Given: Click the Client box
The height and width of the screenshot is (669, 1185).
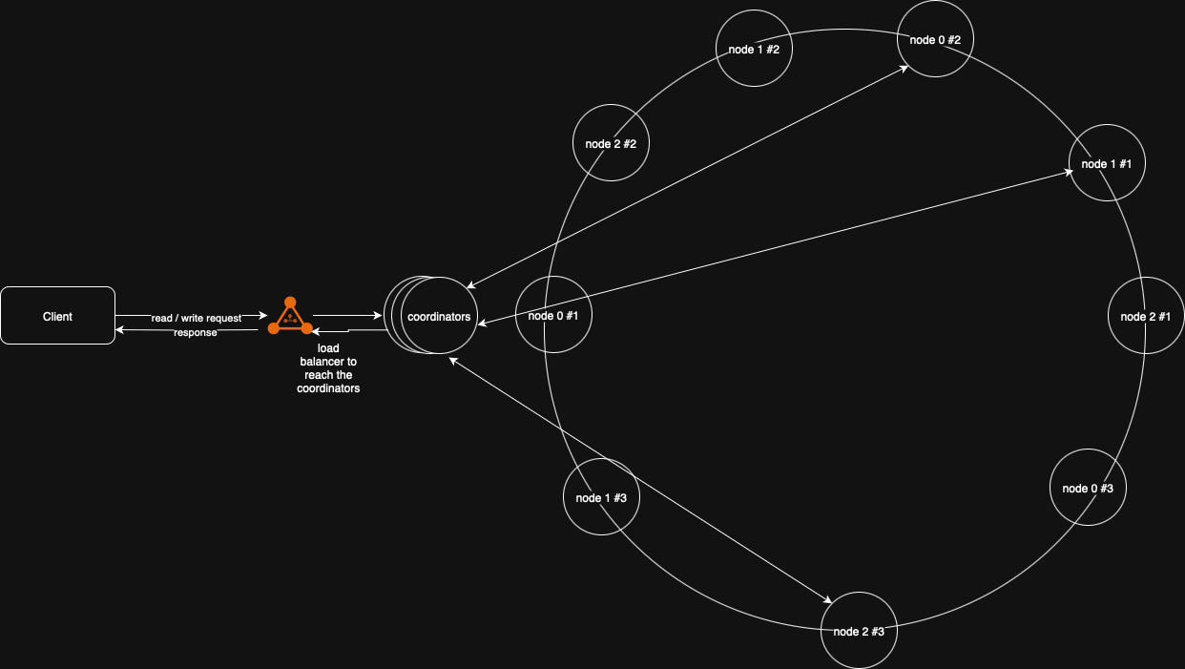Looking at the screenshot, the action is (x=57, y=315).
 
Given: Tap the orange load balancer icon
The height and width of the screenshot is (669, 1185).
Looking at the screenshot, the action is (x=290, y=317).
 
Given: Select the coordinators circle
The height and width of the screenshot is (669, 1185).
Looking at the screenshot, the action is (x=438, y=316).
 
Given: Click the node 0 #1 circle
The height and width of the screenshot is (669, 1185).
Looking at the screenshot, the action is (x=553, y=315).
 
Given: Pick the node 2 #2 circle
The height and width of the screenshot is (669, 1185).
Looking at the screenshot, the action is (x=611, y=143).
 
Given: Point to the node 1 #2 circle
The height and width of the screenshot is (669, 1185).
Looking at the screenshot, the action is (x=754, y=48).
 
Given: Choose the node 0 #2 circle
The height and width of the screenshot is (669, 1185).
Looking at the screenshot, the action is (x=935, y=39).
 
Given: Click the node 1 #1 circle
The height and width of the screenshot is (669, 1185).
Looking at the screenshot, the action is (x=1107, y=163).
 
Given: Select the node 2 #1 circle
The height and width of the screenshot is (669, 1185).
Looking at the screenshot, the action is (x=1145, y=316).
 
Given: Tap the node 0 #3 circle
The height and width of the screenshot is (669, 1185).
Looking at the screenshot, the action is (x=1088, y=488).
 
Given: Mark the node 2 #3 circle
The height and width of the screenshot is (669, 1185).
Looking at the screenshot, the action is (x=859, y=631).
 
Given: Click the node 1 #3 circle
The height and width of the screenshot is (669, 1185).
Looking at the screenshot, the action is (x=601, y=497).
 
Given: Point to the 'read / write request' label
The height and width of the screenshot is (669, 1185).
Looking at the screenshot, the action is (x=197, y=318).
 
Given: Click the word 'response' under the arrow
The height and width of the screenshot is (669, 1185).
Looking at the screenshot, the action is (x=196, y=333).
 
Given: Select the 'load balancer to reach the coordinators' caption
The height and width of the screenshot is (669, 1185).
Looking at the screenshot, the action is (x=328, y=368).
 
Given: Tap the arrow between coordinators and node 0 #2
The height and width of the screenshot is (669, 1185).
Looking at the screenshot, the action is (x=687, y=176).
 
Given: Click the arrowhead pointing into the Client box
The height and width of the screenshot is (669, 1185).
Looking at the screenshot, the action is (x=120, y=329).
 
